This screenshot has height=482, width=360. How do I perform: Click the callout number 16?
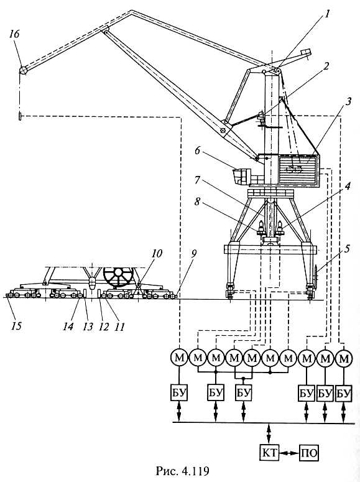pos(14,34)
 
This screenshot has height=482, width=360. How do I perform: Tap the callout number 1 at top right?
pos(328,14)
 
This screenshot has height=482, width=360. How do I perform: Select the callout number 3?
pos(348,102)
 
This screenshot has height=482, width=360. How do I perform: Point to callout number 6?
pos(197,151)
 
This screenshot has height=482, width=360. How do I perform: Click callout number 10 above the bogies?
pos(157,254)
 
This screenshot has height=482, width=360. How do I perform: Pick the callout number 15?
pos(17,325)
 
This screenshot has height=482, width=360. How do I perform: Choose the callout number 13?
pos(88,326)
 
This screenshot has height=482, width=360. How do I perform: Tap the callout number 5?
pos(347,249)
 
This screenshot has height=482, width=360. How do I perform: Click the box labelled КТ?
pos(269,453)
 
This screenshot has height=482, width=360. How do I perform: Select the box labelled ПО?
pos(309,453)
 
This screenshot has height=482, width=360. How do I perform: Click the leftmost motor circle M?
pos(179,358)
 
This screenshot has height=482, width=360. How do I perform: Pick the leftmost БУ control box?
pos(179,392)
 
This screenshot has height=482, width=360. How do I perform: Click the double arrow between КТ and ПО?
pos(289,453)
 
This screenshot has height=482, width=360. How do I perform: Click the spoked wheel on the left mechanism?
pos(119,277)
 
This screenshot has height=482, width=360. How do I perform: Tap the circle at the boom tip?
pos(23,70)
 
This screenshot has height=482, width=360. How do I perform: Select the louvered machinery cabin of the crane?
pos(298,169)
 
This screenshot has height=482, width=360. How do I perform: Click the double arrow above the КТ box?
pos(269,433)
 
